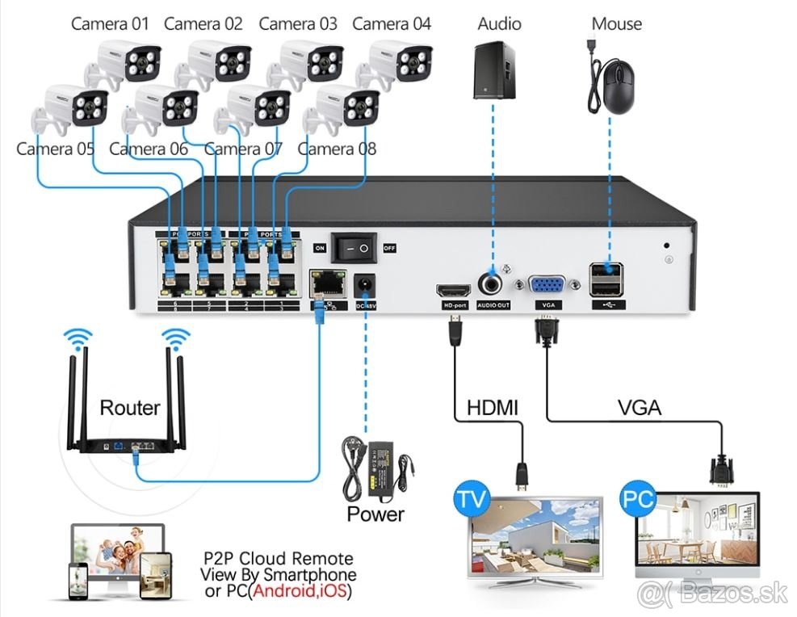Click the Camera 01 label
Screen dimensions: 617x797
click(x=110, y=23)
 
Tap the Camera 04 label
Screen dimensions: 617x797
click(x=392, y=23)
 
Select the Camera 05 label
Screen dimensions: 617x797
click(x=55, y=149)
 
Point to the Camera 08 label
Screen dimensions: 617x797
click(x=337, y=149)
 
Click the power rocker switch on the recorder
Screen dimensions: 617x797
click(x=354, y=247)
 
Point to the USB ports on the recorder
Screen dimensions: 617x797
click(x=607, y=279)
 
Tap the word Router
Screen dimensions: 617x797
click(x=129, y=408)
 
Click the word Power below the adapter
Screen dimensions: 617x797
click(x=375, y=513)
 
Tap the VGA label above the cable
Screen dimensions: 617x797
click(x=639, y=408)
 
